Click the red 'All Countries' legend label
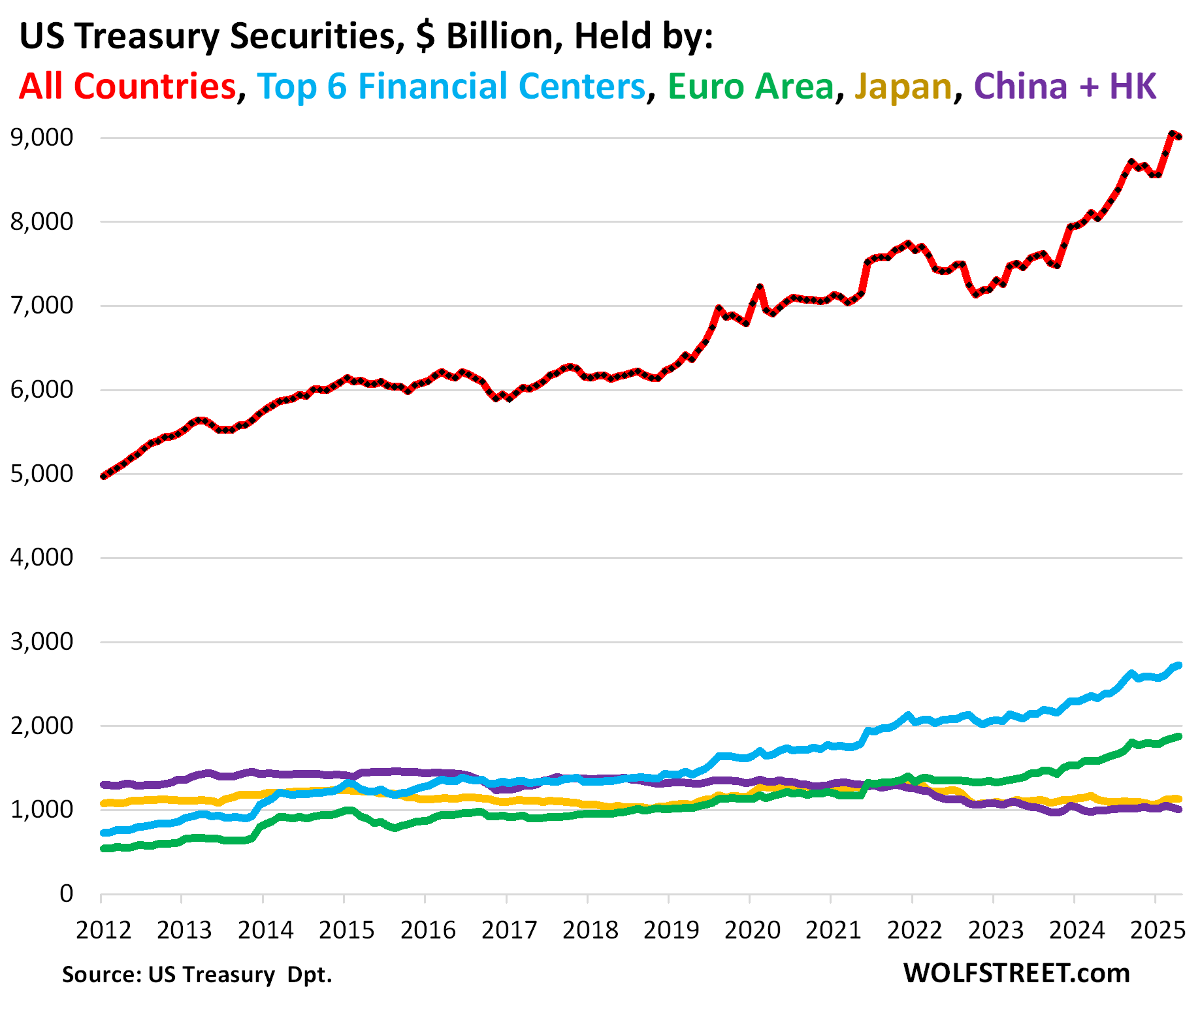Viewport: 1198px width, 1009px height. (x=127, y=86)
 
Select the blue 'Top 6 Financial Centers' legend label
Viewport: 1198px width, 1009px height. (x=451, y=86)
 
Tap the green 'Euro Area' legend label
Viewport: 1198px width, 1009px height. (x=751, y=86)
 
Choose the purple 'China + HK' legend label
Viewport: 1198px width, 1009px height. (x=1065, y=86)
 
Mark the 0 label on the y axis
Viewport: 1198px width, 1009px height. (x=66, y=893)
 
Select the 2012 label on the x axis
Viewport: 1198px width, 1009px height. (x=103, y=929)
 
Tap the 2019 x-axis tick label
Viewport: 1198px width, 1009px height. (x=671, y=929)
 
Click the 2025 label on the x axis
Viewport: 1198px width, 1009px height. (x=1158, y=929)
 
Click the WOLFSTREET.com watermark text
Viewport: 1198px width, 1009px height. (x=1016, y=973)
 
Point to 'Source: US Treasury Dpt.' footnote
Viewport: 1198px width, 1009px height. (x=197, y=974)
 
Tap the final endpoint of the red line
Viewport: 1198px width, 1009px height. (x=1179, y=136)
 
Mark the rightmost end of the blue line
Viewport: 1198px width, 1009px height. (x=1179, y=665)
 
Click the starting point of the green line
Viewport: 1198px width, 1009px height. (x=103, y=848)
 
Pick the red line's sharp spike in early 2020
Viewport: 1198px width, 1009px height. (x=760, y=287)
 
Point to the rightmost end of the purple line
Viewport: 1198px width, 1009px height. (x=1179, y=810)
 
